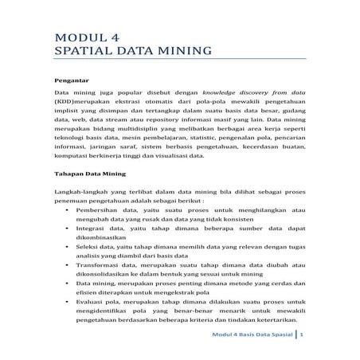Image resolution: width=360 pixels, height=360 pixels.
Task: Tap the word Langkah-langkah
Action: [83, 216]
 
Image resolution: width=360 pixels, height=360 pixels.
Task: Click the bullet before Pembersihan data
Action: [66, 237]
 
